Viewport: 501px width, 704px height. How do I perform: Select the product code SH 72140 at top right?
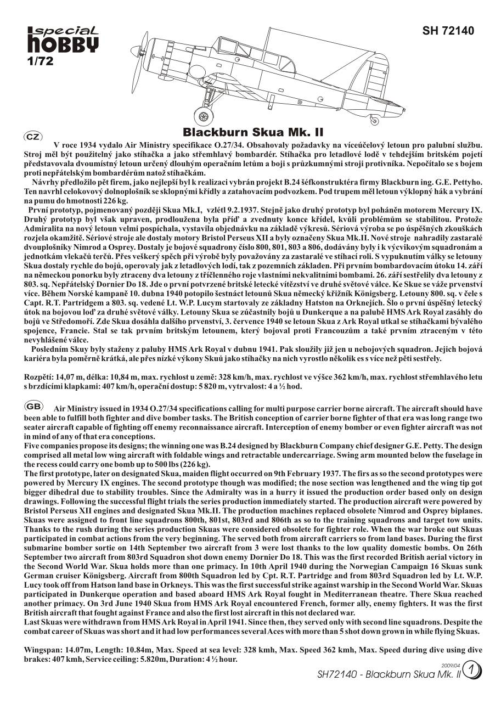[x=448, y=31]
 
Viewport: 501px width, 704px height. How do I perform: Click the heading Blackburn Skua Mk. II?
[x=252, y=133]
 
